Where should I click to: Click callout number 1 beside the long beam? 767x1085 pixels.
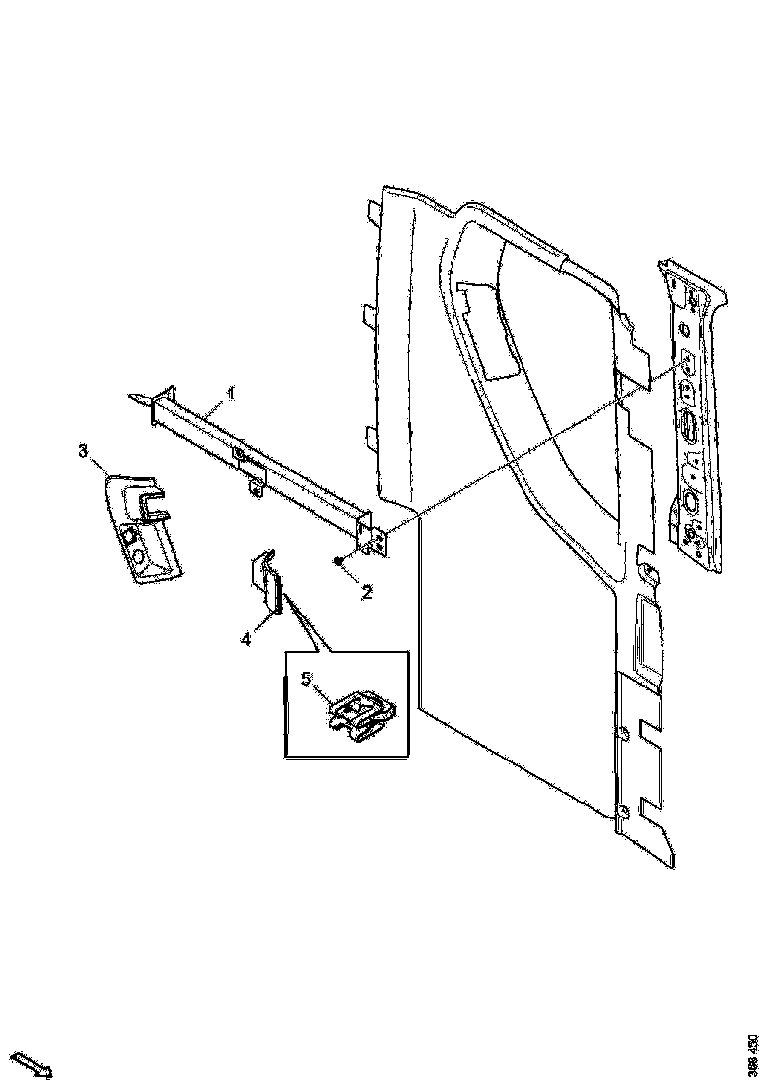tap(231, 394)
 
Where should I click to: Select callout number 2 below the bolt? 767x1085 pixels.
tap(366, 593)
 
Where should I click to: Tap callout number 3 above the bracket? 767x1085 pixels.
tap(84, 451)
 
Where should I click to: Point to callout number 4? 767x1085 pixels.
tap(244, 639)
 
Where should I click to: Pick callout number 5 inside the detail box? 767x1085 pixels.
tap(306, 679)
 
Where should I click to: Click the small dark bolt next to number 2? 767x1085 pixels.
tap(338, 560)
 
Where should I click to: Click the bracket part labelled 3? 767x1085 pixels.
tap(143, 528)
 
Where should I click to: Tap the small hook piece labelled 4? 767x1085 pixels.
tap(266, 587)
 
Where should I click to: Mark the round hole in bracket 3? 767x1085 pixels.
tap(138, 559)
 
